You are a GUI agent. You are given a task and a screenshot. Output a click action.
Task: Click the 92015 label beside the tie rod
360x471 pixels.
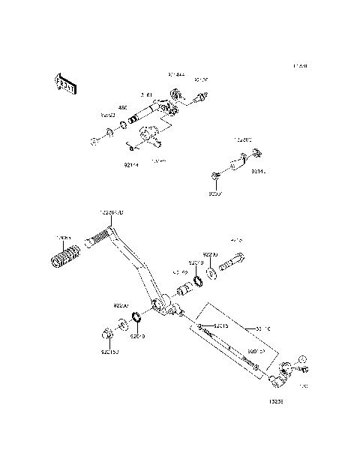[220, 326]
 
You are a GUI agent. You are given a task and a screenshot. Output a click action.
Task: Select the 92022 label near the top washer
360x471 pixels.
[109, 115]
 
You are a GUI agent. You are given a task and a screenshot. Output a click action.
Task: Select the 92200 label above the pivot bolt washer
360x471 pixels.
[210, 254]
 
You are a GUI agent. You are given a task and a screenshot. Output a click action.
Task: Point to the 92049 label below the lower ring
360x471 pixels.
[137, 337]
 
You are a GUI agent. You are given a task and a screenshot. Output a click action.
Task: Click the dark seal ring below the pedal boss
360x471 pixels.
[139, 320]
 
